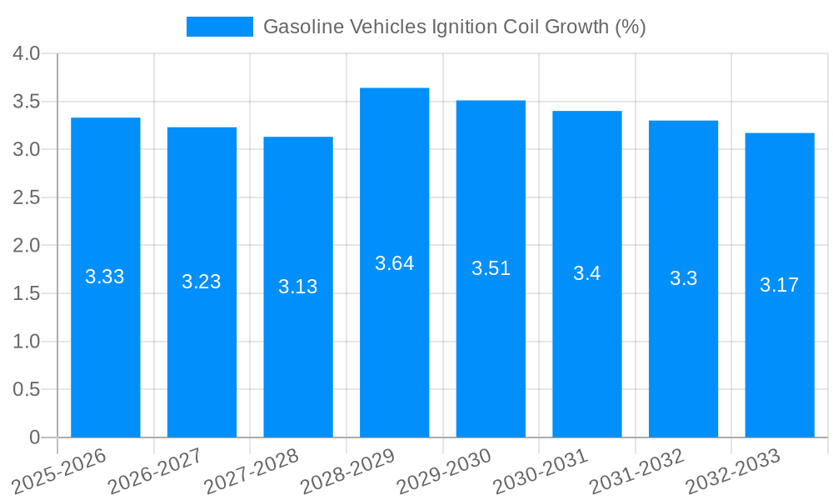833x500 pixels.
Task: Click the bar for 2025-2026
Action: coord(106,350)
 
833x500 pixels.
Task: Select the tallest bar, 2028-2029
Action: coord(395,350)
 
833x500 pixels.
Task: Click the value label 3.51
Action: coord(491,268)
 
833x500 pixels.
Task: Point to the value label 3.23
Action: coord(202,282)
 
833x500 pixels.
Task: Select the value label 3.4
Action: coord(587,273)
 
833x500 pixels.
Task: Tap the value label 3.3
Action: coord(683,278)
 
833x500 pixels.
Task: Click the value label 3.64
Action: coord(395,263)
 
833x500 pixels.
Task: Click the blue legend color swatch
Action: coord(220,27)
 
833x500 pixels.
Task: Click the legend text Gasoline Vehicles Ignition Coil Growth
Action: coord(454,27)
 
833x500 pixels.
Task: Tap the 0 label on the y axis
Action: coord(34,437)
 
